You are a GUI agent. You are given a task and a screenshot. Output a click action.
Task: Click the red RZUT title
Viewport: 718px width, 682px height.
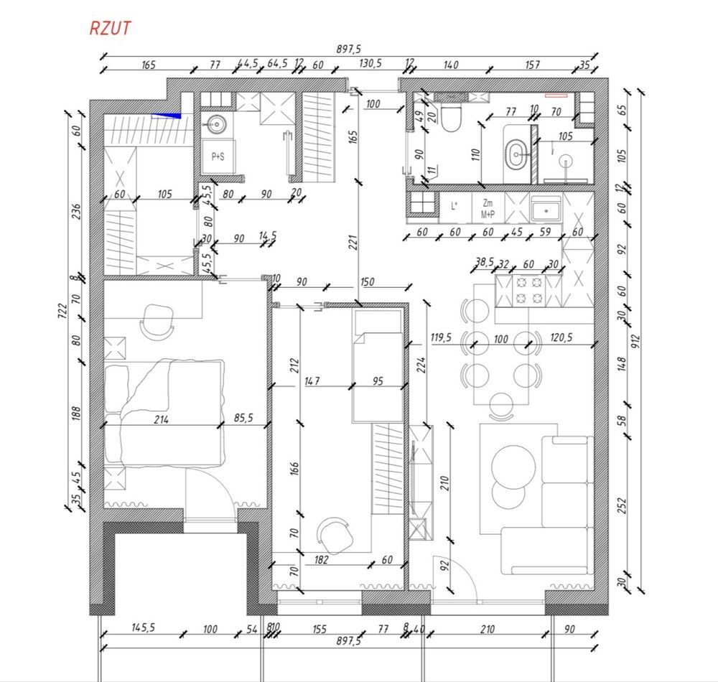point(110,29)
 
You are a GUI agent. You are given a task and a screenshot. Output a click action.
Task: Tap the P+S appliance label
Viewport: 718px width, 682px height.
point(218,157)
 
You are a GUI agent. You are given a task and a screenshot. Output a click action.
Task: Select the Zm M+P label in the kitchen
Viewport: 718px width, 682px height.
point(488,208)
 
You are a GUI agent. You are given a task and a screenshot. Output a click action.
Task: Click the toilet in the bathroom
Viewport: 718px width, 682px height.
point(451,118)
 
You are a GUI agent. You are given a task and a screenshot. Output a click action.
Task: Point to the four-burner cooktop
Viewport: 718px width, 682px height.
point(529,291)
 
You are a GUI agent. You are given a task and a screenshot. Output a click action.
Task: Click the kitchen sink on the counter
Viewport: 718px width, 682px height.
point(546,210)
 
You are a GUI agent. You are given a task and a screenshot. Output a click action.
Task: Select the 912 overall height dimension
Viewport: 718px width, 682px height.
point(636,341)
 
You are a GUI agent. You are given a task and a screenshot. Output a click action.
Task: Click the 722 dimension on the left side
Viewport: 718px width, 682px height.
point(63,311)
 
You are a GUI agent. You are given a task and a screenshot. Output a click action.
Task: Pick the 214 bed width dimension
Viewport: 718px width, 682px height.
point(161,419)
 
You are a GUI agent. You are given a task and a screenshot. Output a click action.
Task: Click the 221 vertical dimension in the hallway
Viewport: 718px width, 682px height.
point(353,243)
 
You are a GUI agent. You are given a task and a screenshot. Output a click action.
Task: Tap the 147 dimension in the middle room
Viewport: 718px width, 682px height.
point(312,380)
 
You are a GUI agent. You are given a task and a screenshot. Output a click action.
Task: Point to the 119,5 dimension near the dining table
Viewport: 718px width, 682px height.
point(441,338)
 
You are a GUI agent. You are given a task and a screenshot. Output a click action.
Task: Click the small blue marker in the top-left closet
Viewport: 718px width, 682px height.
point(167,116)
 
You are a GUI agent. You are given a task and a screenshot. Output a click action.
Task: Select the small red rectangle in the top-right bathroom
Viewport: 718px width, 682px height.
point(556,95)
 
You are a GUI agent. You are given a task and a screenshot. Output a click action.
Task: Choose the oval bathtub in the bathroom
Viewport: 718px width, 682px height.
point(517,154)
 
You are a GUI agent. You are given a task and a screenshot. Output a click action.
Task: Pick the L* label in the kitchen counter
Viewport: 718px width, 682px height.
point(454,206)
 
